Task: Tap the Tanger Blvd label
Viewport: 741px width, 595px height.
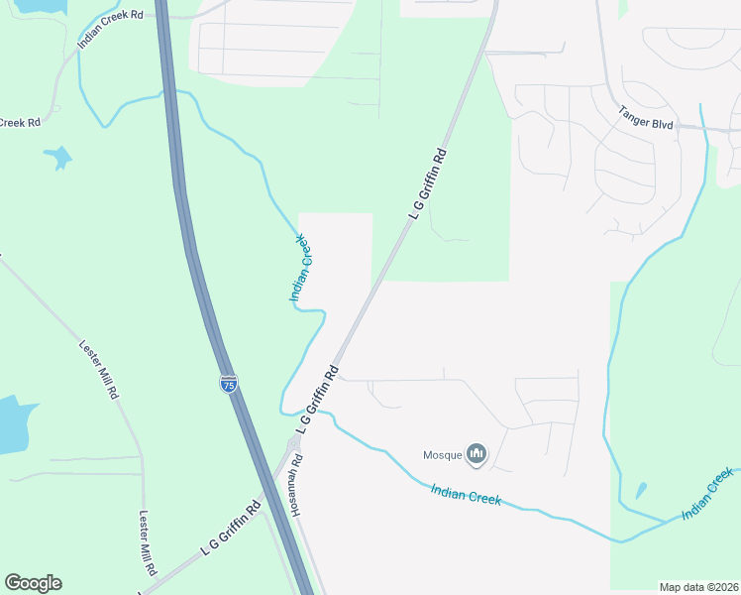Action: (x=646, y=119)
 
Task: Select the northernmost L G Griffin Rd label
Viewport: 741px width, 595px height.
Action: (x=428, y=184)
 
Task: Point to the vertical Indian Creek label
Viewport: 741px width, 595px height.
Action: (x=301, y=268)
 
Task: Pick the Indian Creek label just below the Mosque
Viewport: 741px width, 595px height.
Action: (x=466, y=493)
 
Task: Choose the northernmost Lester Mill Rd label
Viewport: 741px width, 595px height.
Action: (x=99, y=370)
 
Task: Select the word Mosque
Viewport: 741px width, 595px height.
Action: (x=443, y=455)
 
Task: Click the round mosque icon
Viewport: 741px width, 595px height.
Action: (x=477, y=454)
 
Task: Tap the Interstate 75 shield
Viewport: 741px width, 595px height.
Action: (x=229, y=385)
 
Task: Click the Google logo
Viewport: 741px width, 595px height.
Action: (x=33, y=583)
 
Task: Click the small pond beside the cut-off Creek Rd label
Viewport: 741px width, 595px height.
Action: (x=57, y=157)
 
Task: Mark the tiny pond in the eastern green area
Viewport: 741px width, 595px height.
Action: (x=641, y=490)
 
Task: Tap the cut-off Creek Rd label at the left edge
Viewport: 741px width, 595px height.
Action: (x=19, y=123)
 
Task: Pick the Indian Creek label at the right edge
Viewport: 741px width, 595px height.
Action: (x=707, y=495)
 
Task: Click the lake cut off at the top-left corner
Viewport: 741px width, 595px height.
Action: (x=30, y=5)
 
